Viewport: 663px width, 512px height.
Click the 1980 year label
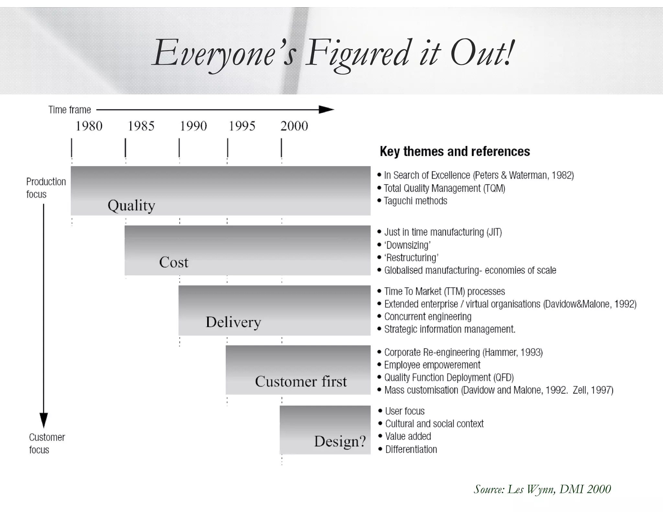(x=89, y=126)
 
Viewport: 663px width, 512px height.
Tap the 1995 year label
(x=242, y=126)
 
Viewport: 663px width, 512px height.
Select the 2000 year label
(x=294, y=126)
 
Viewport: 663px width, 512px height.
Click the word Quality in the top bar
(x=131, y=206)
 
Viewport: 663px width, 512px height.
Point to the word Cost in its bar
(x=174, y=262)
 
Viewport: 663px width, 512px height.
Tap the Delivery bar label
(x=233, y=322)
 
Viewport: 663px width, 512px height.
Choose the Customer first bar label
(x=301, y=382)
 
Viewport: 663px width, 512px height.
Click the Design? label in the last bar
(x=340, y=441)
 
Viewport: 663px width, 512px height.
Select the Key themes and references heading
(x=455, y=151)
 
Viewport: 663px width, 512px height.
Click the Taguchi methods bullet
(x=415, y=201)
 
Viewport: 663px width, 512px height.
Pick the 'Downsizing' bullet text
(x=407, y=245)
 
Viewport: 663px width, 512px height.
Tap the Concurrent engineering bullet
(x=428, y=317)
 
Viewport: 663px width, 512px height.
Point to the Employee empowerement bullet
(x=432, y=365)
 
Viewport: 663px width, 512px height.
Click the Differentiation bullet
(x=411, y=449)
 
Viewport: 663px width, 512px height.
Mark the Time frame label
(x=70, y=110)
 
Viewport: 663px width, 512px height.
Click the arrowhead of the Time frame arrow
(x=326, y=110)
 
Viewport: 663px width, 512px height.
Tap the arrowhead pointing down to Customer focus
(x=43, y=420)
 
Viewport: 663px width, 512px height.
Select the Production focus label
(x=46, y=188)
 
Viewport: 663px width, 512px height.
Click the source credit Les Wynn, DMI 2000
(x=542, y=489)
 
